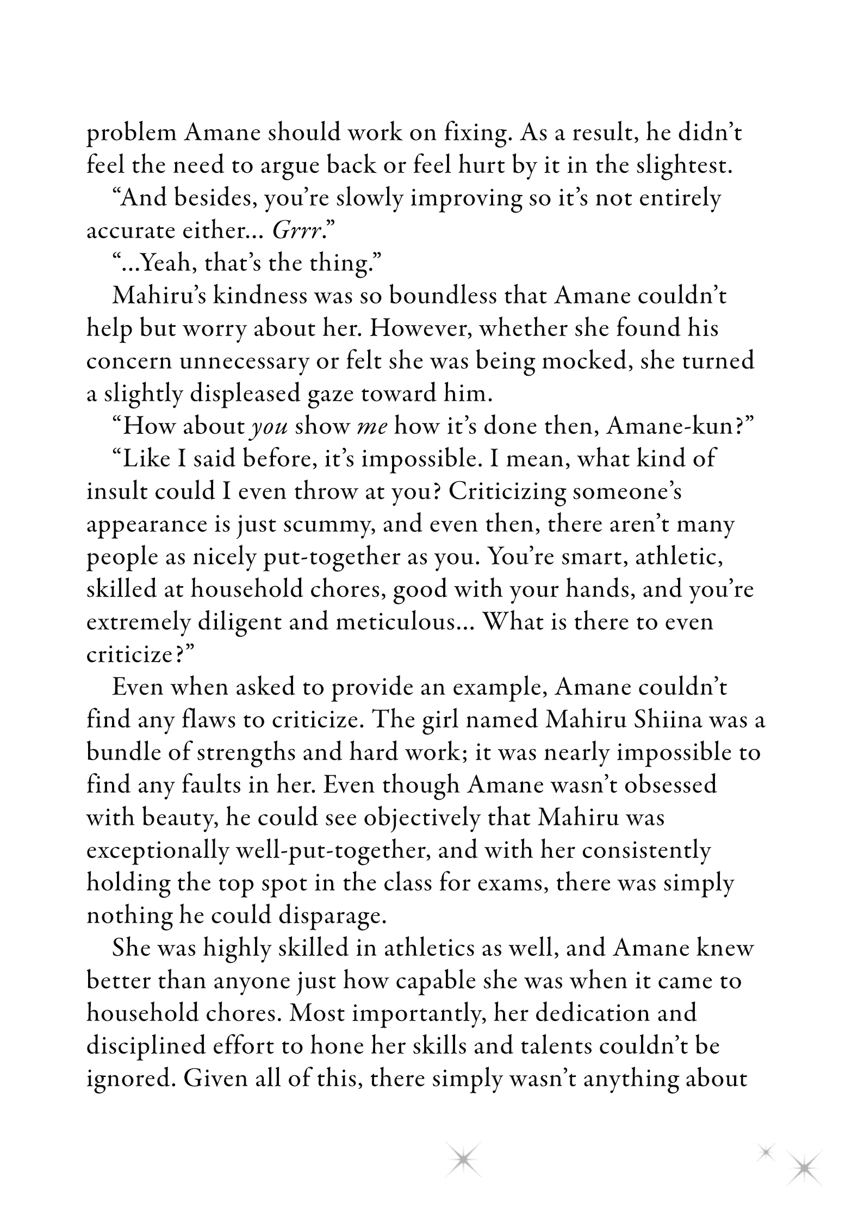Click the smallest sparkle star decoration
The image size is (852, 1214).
[766, 1151]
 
